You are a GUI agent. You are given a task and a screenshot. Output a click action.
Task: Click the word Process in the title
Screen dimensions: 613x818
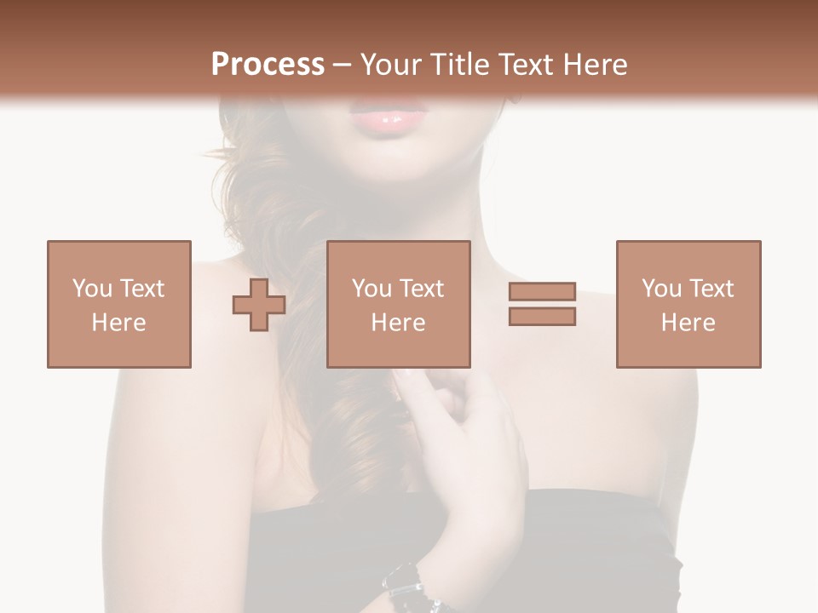pyautogui.click(x=268, y=65)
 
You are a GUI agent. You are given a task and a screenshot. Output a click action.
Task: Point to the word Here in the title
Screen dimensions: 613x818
pyautogui.click(x=595, y=65)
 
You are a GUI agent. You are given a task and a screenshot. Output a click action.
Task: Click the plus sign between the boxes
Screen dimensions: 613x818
pyautogui.click(x=259, y=305)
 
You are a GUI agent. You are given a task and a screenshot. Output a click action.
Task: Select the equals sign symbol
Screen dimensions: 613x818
pyautogui.click(x=542, y=304)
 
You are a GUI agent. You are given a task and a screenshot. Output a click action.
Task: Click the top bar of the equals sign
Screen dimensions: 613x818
pyautogui.click(x=542, y=292)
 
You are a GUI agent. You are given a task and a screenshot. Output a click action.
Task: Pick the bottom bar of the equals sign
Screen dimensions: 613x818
pyautogui.click(x=542, y=316)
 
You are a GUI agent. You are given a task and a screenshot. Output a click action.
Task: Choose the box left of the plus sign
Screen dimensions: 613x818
pyautogui.click(x=119, y=304)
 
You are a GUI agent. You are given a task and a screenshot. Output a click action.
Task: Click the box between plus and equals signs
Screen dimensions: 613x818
pyautogui.click(x=399, y=304)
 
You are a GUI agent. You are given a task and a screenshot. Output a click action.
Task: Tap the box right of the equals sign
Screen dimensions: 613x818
pyautogui.click(x=688, y=304)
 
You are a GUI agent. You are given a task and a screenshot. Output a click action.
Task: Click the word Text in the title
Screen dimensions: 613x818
pyautogui.click(x=522, y=65)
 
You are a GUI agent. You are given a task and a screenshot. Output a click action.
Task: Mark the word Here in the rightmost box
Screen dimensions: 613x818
pyautogui.click(x=688, y=323)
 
